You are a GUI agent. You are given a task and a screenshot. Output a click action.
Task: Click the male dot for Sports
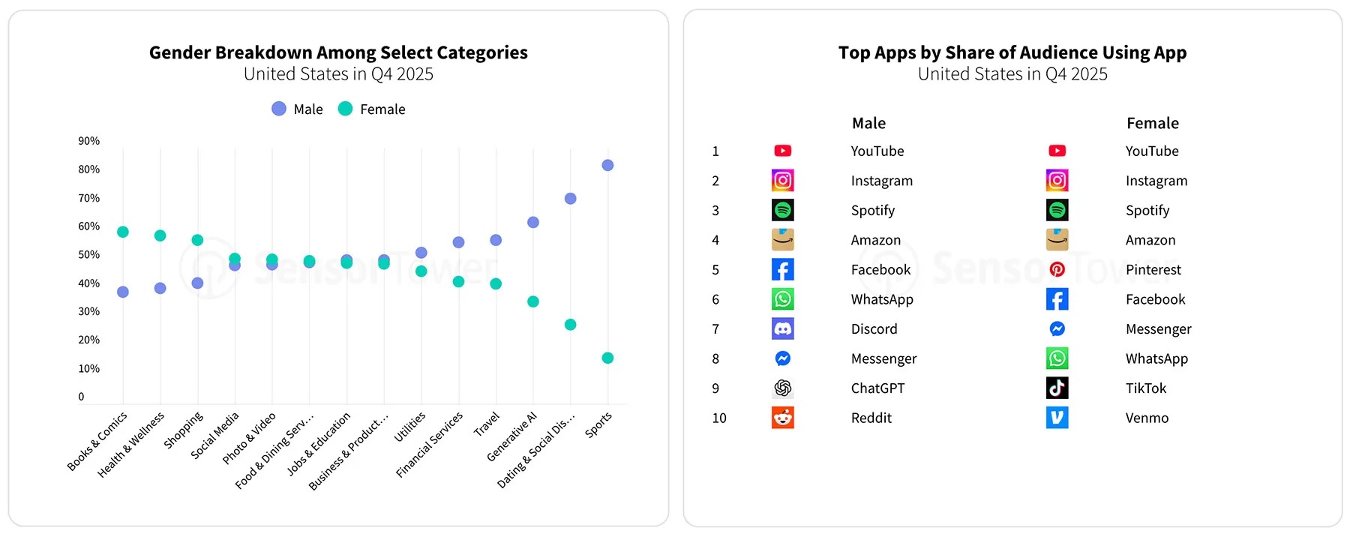607,165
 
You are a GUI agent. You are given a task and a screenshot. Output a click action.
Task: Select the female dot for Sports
607,358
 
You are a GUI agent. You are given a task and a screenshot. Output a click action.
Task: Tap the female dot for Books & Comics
123,232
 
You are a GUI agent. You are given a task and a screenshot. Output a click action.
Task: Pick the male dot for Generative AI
533,222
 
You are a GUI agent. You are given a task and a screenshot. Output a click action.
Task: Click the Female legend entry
372,109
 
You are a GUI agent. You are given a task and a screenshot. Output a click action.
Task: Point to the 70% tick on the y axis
88,198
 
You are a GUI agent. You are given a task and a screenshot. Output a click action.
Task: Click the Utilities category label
410,427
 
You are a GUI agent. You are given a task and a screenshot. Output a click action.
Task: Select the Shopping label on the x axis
184,430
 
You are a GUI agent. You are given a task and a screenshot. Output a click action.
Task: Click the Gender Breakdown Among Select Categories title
338,52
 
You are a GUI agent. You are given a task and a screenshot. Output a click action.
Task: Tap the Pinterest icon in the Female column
1057,269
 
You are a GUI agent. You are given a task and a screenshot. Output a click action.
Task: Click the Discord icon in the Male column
782,328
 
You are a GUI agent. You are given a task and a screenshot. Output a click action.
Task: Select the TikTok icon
1057,388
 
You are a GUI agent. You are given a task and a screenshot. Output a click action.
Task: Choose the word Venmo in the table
1147,418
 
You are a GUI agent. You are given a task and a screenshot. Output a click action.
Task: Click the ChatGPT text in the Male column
877,388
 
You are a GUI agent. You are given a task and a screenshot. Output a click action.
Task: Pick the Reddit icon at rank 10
782,418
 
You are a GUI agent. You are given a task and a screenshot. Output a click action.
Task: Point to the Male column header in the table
868,123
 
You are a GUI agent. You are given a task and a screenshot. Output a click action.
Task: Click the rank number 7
715,328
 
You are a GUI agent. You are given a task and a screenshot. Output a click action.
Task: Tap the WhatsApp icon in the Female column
1057,358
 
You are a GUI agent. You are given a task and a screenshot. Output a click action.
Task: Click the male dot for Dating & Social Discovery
570,199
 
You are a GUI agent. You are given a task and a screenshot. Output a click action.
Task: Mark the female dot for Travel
496,283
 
